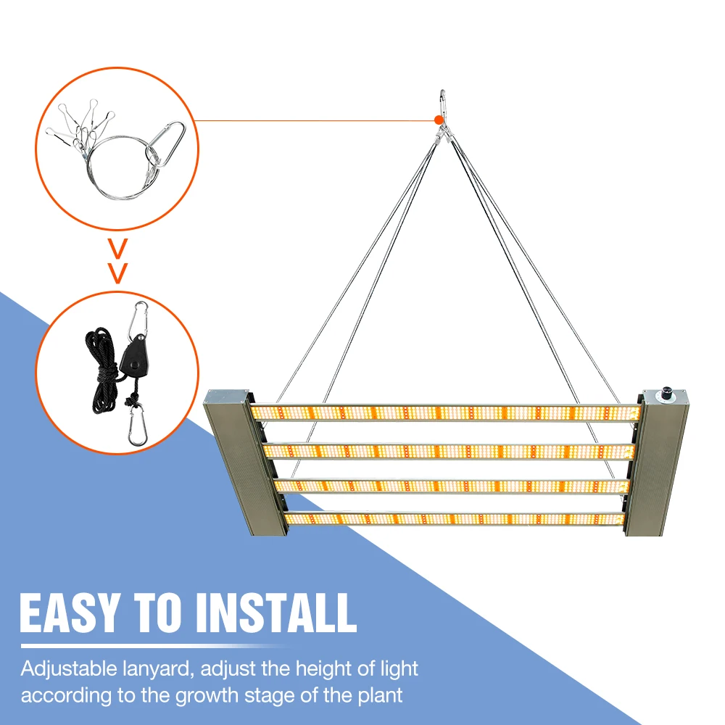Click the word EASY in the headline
click(x=68, y=613)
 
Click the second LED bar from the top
click(x=449, y=451)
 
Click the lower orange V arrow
click(x=117, y=272)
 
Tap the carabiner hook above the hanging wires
click(x=442, y=101)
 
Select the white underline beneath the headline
click(x=152, y=645)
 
